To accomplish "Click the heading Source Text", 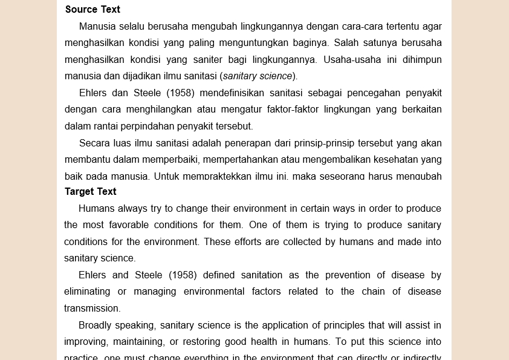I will (x=92, y=10).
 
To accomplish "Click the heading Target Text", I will (x=91, y=192).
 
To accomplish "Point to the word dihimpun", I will (x=422, y=60).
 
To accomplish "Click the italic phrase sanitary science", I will (x=258, y=76).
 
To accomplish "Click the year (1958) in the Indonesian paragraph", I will (x=180, y=93).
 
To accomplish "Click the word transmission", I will (x=92, y=309).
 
